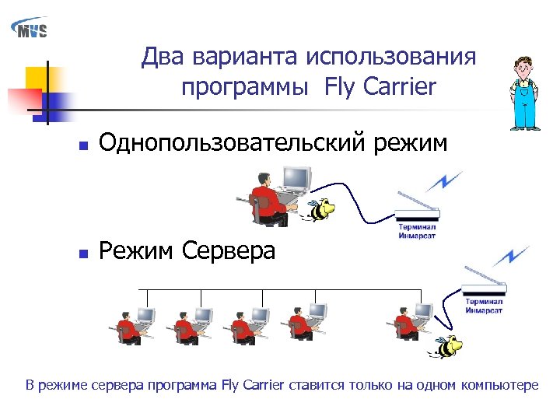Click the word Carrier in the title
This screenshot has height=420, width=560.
tap(398, 88)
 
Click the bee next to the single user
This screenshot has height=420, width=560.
tap(320, 208)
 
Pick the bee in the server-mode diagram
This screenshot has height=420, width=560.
tap(447, 345)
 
